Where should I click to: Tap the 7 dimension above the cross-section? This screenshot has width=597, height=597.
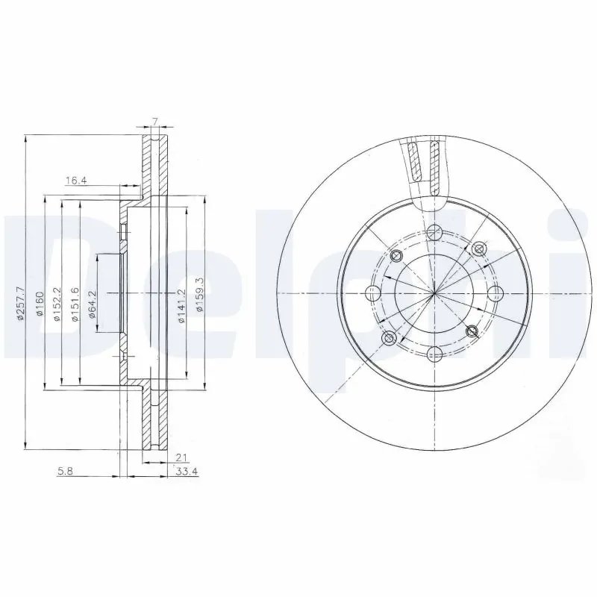154,121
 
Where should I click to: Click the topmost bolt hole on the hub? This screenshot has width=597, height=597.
434,230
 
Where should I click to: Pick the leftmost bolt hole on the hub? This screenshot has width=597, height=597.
371,293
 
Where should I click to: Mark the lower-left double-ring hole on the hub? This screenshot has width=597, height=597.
389,338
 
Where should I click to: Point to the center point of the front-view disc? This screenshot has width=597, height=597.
434,293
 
